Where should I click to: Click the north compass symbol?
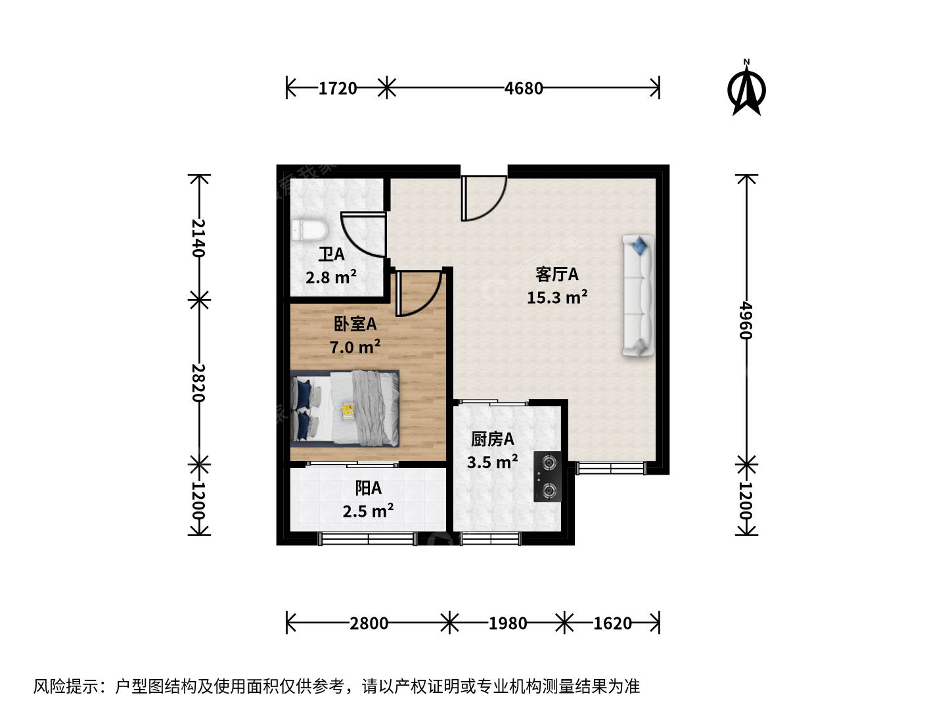click(746, 88)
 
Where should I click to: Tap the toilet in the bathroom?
click(309, 230)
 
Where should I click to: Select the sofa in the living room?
click(639, 296)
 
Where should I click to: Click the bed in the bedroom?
click(345, 408)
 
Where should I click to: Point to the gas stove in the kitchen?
click(547, 477)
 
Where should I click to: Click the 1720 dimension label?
click(338, 88)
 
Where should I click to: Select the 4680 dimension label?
click(524, 88)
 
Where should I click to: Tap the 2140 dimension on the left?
click(198, 237)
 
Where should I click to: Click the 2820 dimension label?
click(198, 383)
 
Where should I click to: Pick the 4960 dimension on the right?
click(746, 321)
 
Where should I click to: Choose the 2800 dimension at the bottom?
click(369, 623)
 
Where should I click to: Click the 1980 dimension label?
click(507, 623)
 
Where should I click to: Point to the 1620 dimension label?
click(612, 623)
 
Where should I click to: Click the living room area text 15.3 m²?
click(557, 297)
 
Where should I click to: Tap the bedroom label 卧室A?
click(355, 323)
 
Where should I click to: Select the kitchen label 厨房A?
click(492, 439)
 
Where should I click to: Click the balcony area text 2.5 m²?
click(368, 511)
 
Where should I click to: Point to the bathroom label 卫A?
click(331, 254)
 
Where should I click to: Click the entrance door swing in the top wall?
click(484, 198)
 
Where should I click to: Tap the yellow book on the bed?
click(348, 410)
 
